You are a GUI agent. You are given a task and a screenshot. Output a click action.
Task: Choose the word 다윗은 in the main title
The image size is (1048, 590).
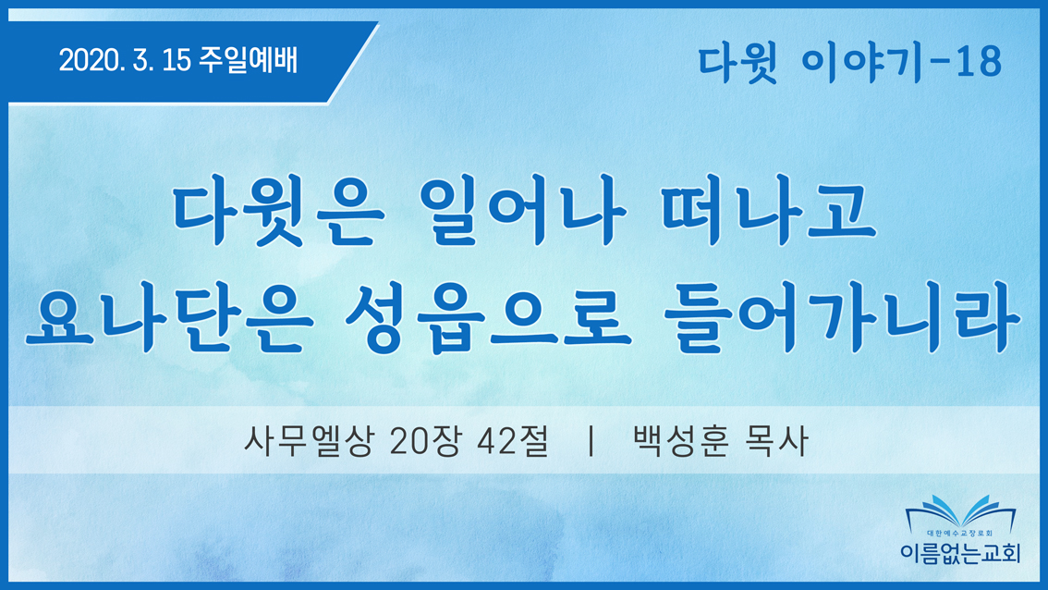click(279, 210)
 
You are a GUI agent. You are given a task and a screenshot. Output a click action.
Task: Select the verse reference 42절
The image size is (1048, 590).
click(513, 441)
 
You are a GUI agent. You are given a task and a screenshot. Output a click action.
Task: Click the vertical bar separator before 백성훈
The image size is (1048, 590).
click(591, 441)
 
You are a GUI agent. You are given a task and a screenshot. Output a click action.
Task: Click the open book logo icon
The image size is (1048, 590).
click(960, 512)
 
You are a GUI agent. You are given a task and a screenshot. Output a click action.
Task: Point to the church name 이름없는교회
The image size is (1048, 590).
click(960, 553)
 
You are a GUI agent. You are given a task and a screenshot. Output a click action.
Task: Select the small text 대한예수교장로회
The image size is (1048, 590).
click(960, 534)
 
